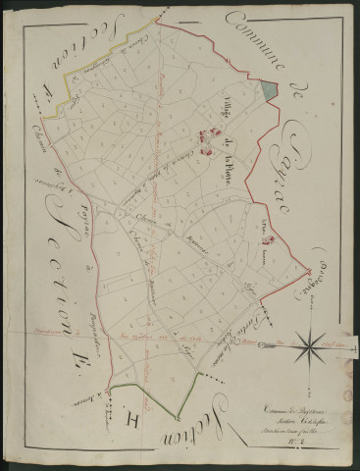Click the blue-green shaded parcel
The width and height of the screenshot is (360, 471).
[x=270, y=85]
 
